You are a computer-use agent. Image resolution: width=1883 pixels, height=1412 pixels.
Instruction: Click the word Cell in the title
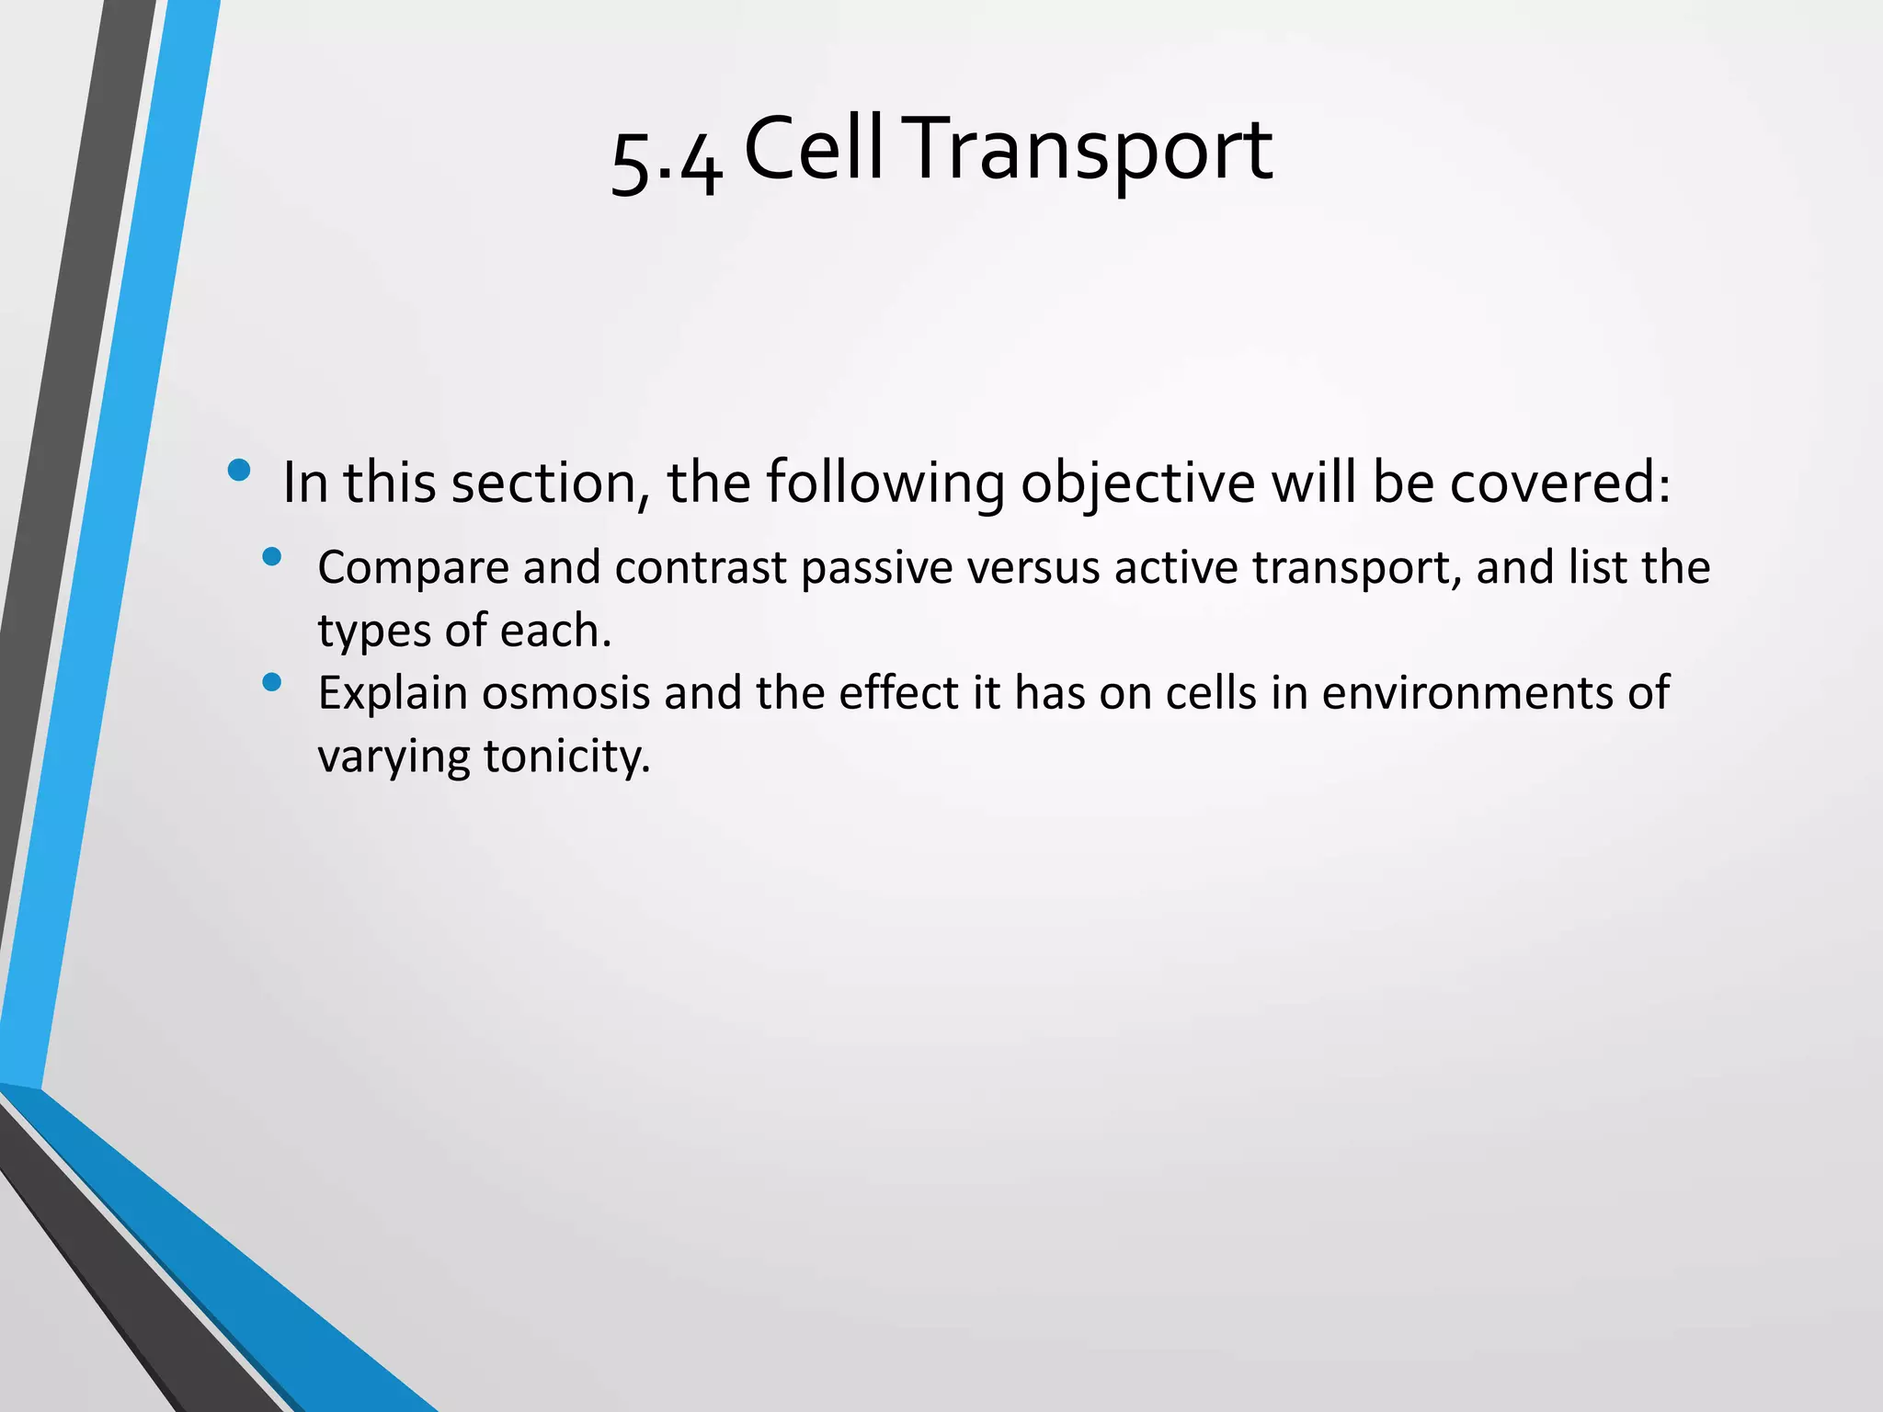[814, 149]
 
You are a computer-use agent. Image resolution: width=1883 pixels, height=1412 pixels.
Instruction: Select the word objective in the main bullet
[1137, 483]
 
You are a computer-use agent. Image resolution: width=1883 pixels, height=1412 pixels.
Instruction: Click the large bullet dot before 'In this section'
[239, 471]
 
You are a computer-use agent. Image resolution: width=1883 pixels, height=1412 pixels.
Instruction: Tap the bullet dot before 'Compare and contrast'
[271, 556]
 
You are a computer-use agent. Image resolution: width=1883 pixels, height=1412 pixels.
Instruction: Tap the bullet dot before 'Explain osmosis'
[271, 682]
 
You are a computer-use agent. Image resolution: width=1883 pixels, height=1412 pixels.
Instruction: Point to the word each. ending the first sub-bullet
[556, 631]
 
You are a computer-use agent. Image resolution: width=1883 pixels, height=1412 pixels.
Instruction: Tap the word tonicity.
[567, 757]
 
